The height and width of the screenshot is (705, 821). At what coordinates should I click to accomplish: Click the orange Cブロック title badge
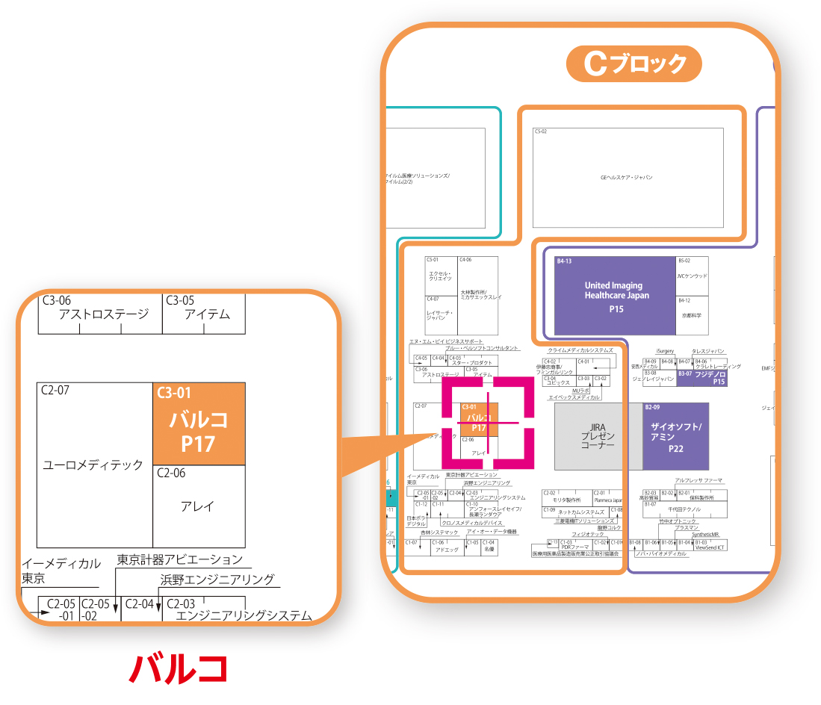point(633,64)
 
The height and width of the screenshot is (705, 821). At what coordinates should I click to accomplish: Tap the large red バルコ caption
point(178,668)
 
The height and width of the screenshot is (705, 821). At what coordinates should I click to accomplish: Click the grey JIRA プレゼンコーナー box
point(597,435)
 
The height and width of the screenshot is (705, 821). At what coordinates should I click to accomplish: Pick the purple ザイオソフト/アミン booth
point(675,436)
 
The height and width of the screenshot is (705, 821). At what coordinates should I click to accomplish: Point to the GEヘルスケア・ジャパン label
point(627,178)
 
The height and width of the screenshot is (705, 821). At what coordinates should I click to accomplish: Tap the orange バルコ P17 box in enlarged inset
point(199,424)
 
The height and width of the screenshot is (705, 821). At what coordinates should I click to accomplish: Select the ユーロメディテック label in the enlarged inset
point(93,465)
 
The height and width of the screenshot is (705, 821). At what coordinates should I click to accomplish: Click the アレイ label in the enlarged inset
point(197,506)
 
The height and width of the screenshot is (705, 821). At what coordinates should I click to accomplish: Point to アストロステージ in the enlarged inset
point(104,314)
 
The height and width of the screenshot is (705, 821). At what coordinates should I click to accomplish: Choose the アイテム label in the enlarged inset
point(206,314)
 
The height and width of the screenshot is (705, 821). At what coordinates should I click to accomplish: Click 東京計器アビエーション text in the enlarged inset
point(180,559)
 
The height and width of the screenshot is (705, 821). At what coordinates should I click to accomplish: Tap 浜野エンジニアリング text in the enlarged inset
point(217,579)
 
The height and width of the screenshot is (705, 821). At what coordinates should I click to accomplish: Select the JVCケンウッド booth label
point(692,276)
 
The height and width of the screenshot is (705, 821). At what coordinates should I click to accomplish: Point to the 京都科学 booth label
point(692,316)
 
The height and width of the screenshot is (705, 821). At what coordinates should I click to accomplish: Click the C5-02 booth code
point(541,131)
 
